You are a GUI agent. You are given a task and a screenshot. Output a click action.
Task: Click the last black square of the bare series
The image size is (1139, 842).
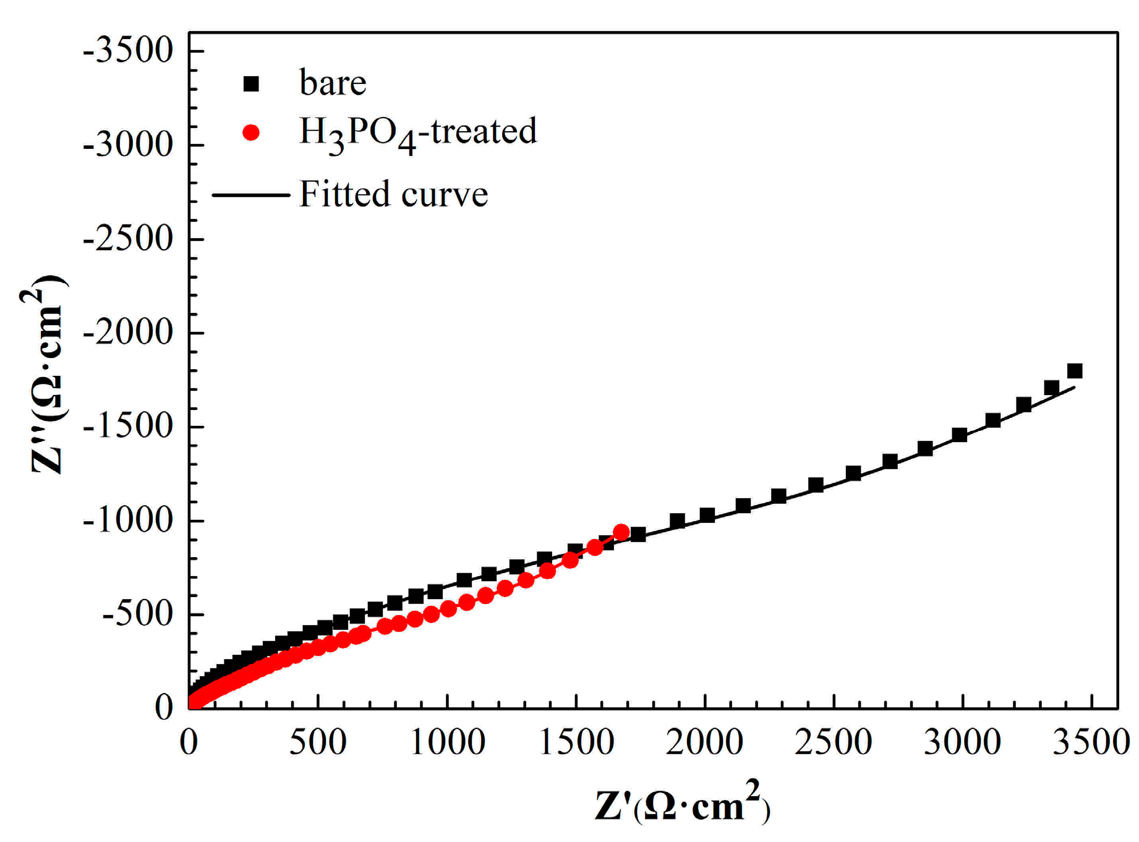click(x=1075, y=371)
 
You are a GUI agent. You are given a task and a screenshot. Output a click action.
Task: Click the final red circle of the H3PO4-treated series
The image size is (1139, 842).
click(x=621, y=532)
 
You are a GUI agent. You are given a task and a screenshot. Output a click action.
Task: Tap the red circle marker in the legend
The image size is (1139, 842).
click(x=251, y=133)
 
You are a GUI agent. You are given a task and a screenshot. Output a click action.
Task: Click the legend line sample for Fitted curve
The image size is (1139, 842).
click(x=251, y=195)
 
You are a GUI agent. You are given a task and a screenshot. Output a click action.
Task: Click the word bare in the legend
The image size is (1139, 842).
click(x=333, y=83)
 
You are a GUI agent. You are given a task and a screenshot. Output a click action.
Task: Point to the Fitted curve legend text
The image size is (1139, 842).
click(x=394, y=194)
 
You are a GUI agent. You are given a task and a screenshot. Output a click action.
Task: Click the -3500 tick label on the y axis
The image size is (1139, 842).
click(x=128, y=51)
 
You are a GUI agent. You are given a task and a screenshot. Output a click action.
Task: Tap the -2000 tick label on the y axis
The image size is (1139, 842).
click(x=128, y=333)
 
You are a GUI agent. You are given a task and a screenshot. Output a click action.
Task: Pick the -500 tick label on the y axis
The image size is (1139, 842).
click(x=137, y=615)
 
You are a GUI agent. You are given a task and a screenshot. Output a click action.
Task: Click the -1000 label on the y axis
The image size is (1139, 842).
click(x=128, y=521)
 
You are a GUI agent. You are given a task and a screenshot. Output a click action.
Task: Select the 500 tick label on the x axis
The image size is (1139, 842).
click(x=318, y=741)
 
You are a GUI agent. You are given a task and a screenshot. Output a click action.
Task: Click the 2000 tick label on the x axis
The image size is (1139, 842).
click(x=704, y=741)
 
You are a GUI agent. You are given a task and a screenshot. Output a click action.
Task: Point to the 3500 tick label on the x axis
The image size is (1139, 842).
click(x=1091, y=741)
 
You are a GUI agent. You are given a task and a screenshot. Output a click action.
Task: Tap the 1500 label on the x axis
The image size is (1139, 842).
click(x=576, y=741)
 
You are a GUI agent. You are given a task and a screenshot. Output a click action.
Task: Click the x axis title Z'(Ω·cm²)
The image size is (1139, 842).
click(x=682, y=806)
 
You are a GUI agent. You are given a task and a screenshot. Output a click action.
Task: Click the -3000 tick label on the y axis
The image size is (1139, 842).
click(x=128, y=145)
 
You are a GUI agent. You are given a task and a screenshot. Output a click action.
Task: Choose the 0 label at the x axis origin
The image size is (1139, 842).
click(x=189, y=741)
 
